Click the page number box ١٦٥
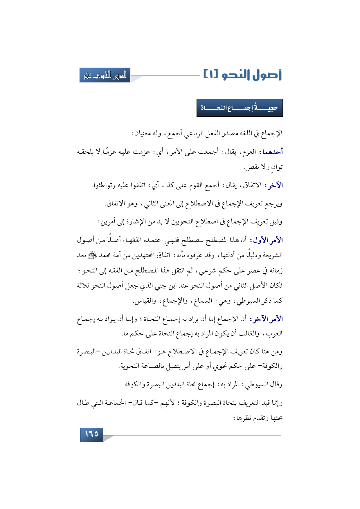(92, 434)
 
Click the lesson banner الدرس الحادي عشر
(105, 75)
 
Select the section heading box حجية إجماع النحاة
(240, 108)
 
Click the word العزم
(249, 152)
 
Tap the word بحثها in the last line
(276, 418)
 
